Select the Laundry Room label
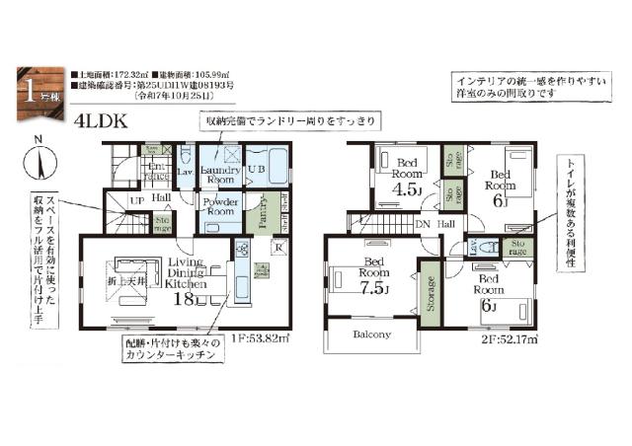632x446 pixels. (x=219, y=175)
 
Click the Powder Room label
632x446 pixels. (x=219, y=207)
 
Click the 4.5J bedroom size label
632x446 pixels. (x=404, y=188)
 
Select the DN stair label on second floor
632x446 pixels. (x=423, y=225)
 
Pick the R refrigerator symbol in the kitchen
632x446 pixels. (x=278, y=247)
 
